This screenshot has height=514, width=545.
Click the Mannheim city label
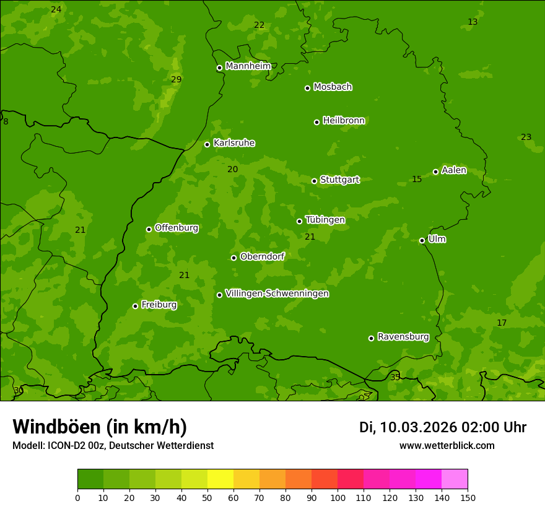[x=248, y=66]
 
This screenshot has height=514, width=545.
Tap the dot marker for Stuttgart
[x=315, y=181]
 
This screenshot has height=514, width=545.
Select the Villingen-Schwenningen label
[x=277, y=294]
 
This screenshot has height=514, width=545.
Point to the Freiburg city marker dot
[x=135, y=306]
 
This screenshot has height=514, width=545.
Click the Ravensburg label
[x=403, y=337]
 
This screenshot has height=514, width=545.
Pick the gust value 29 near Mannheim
[x=177, y=79]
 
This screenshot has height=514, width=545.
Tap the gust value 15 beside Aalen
[x=417, y=179]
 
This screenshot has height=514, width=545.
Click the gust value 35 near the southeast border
[x=395, y=377]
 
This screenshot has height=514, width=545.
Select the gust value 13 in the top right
[x=473, y=22]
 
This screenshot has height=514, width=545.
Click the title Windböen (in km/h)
[x=100, y=427]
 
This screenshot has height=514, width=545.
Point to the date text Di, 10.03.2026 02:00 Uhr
[x=443, y=427]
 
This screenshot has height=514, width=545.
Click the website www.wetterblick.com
[x=447, y=445]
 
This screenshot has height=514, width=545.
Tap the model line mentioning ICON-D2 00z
[x=113, y=445]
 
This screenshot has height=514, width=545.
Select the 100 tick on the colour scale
[x=338, y=497]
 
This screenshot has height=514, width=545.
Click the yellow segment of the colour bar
[x=220, y=479]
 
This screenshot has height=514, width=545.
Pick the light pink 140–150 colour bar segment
[x=455, y=479]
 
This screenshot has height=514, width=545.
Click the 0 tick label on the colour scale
[x=77, y=497]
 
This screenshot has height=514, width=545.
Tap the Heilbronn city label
[x=344, y=121]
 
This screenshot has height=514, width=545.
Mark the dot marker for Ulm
[x=422, y=240]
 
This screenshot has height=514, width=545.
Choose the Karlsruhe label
[x=234, y=143]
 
